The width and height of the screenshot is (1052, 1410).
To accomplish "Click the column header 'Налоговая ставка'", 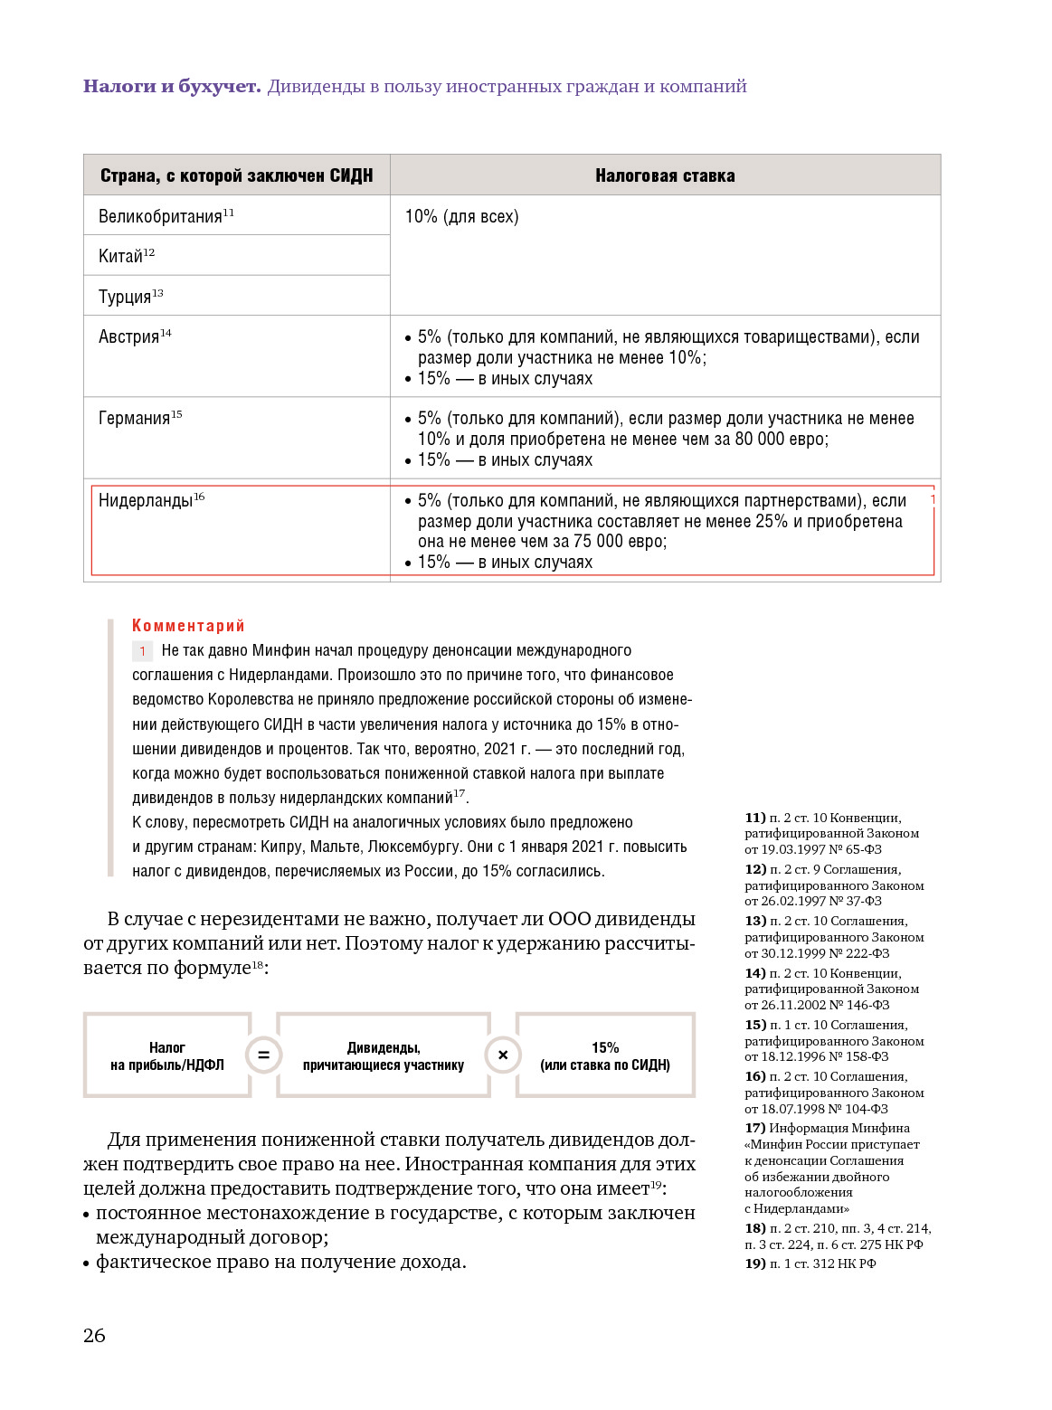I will (665, 175).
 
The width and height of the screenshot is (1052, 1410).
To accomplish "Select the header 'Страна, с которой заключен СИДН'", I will (236, 175).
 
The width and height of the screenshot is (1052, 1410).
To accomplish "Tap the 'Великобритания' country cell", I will (161, 217).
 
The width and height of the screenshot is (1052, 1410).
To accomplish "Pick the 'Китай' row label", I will (121, 257).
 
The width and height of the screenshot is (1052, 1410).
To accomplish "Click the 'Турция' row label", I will (125, 298).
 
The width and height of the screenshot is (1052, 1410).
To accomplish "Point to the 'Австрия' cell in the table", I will (129, 337).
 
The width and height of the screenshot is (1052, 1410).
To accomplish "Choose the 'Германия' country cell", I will (135, 419).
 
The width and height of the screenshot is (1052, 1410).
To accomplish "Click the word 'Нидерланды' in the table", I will (146, 501).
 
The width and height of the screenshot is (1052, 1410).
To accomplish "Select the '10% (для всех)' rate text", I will (461, 217).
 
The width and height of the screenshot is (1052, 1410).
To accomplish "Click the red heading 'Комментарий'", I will (188, 626).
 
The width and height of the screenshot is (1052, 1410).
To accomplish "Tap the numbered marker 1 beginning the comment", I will (142, 651).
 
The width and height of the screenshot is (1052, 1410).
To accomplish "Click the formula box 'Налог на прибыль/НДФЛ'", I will (167, 1056).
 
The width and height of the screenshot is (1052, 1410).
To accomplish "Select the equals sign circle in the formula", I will (264, 1055).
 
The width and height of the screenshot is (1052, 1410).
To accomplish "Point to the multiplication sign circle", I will (503, 1055).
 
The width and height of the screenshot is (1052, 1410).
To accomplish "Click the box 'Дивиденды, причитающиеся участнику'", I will (384, 1056).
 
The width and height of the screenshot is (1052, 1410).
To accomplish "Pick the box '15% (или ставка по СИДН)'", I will (605, 1056).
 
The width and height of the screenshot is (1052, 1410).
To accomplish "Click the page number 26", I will (94, 1336).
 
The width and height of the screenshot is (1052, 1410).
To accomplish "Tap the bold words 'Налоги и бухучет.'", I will (172, 87).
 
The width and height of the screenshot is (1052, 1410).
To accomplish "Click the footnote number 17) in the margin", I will (754, 1129).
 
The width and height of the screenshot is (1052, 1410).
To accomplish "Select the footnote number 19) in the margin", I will (754, 1264).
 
